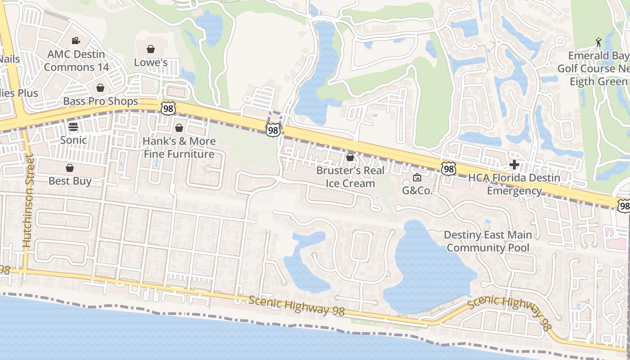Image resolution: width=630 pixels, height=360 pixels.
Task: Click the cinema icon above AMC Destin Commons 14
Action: click(76, 41)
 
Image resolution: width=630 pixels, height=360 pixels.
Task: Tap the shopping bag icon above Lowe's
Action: click(151, 49)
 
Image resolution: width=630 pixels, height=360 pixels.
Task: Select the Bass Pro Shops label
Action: click(100, 101)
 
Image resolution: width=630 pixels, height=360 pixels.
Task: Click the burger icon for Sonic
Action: click(73, 127)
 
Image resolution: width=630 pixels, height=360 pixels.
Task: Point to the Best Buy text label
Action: click(70, 181)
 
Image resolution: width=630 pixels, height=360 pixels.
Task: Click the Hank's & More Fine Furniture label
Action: click(179, 148)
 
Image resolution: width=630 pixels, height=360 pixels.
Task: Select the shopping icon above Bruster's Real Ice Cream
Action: click(350, 157)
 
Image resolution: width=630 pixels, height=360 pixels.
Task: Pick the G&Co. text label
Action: click(417, 190)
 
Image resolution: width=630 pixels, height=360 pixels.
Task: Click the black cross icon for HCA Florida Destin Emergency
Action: click(514, 165)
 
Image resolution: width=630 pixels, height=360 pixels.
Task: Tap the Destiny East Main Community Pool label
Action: click(488, 241)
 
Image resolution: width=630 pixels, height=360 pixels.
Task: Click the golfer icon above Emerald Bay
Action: click(598, 42)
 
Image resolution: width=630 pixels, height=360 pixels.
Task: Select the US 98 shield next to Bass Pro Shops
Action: click(168, 108)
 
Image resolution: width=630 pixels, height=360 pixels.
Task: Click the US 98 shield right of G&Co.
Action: click(448, 169)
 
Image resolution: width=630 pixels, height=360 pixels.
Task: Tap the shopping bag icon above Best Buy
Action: click(70, 168)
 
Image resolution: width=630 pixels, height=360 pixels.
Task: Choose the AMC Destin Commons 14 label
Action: click(76, 61)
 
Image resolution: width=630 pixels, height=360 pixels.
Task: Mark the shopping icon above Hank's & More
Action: click(179, 128)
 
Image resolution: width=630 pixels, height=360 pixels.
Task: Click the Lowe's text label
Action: click(151, 63)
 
